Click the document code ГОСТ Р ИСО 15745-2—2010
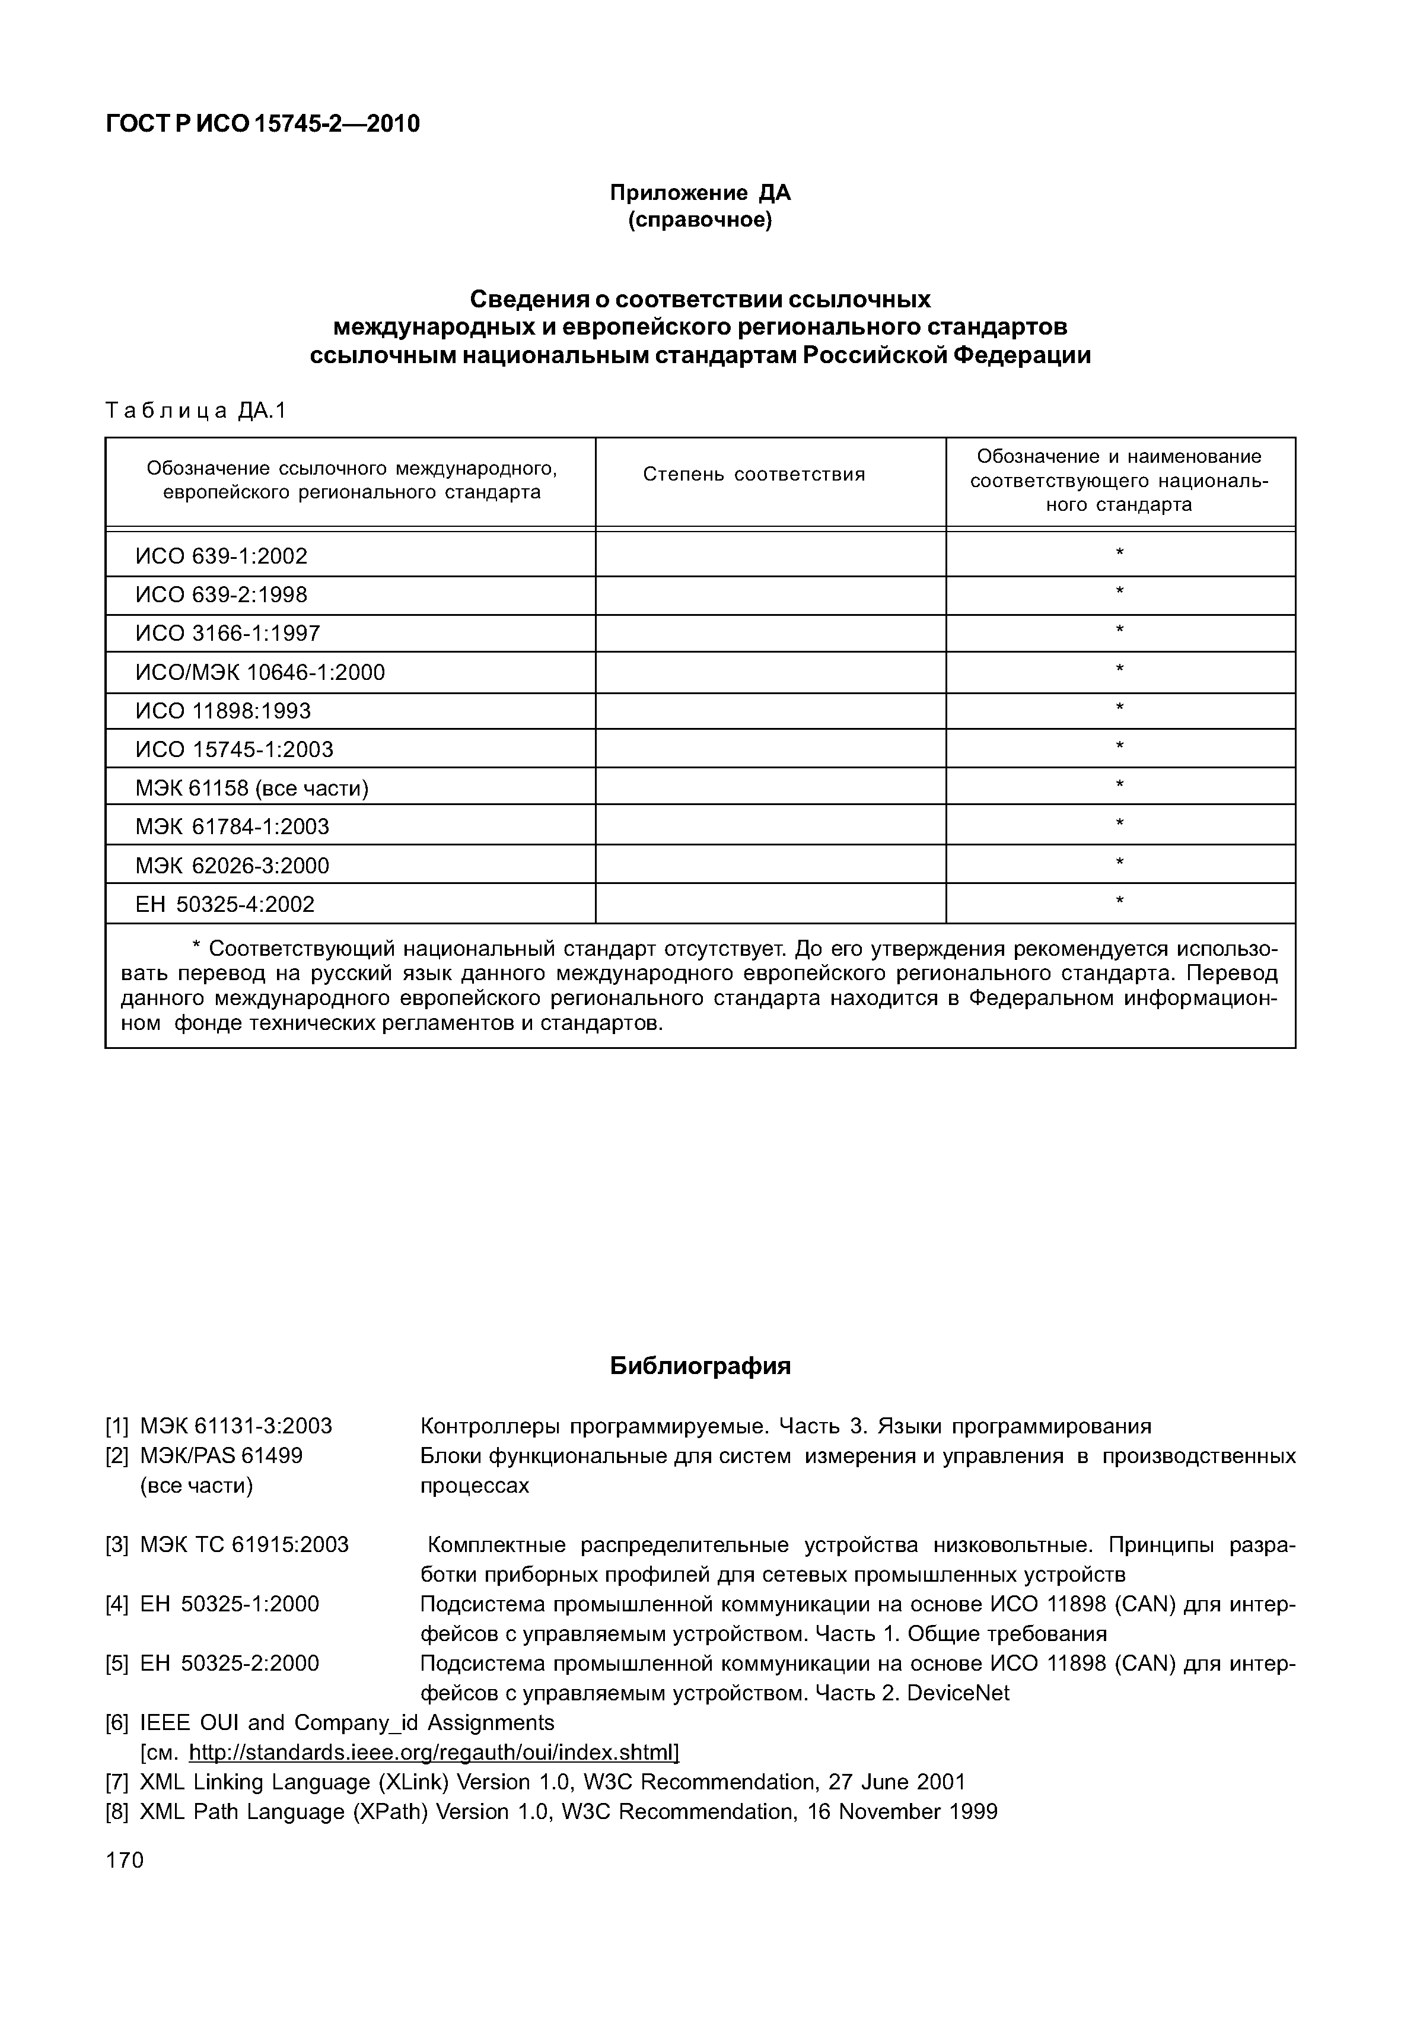tap(263, 125)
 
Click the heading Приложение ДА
tap(700, 192)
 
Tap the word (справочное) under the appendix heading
tap(700, 220)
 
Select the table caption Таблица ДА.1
tap(196, 411)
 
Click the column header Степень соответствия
tap(753, 475)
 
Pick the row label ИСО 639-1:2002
tap(221, 556)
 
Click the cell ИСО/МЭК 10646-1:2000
tap(260, 673)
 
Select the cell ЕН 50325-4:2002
tap(225, 905)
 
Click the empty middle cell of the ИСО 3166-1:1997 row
tap(770, 633)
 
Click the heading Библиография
tap(700, 1366)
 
